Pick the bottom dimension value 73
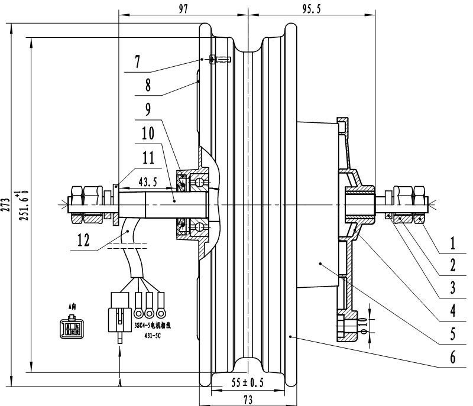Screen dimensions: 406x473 pos(248,400)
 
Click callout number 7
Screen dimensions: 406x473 pos(137,61)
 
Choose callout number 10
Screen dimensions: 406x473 pos(147,134)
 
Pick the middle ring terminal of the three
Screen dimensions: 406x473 pos(149,311)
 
